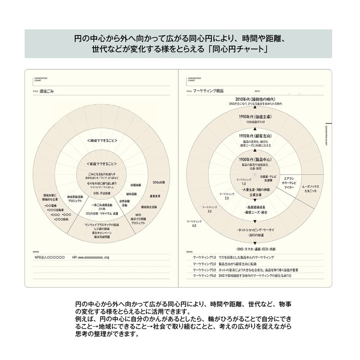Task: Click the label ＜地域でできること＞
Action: (x=101, y=141)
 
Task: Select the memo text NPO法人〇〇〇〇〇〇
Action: (x=44, y=257)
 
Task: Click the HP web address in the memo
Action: (x=94, y=257)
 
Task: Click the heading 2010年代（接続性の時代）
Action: (x=255, y=99)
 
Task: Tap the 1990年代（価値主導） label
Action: (x=255, y=117)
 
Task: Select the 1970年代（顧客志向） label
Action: (x=255, y=135)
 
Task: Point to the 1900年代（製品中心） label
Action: (x=255, y=159)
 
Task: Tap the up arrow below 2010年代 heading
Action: (x=255, y=108)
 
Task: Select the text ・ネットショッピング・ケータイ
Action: (x=255, y=230)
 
